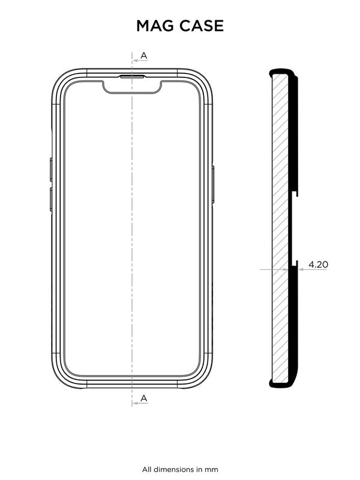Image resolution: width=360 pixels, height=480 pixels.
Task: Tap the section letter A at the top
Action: pos(144,56)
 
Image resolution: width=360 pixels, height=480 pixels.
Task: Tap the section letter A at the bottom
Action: pos(144,398)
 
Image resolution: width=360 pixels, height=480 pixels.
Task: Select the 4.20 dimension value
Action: pos(318,263)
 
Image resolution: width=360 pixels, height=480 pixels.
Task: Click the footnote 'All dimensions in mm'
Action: pos(180,469)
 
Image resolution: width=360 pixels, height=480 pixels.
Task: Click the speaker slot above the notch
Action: pos(132,77)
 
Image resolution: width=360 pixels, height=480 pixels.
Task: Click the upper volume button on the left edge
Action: pos(51,169)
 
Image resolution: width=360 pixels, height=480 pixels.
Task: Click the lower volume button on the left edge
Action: pos(51,199)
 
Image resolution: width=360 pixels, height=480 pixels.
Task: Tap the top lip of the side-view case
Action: pos(282,73)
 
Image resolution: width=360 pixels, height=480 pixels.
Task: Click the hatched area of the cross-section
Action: pos(280,228)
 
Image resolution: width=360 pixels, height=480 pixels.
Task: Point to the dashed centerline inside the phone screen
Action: pos(132,240)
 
